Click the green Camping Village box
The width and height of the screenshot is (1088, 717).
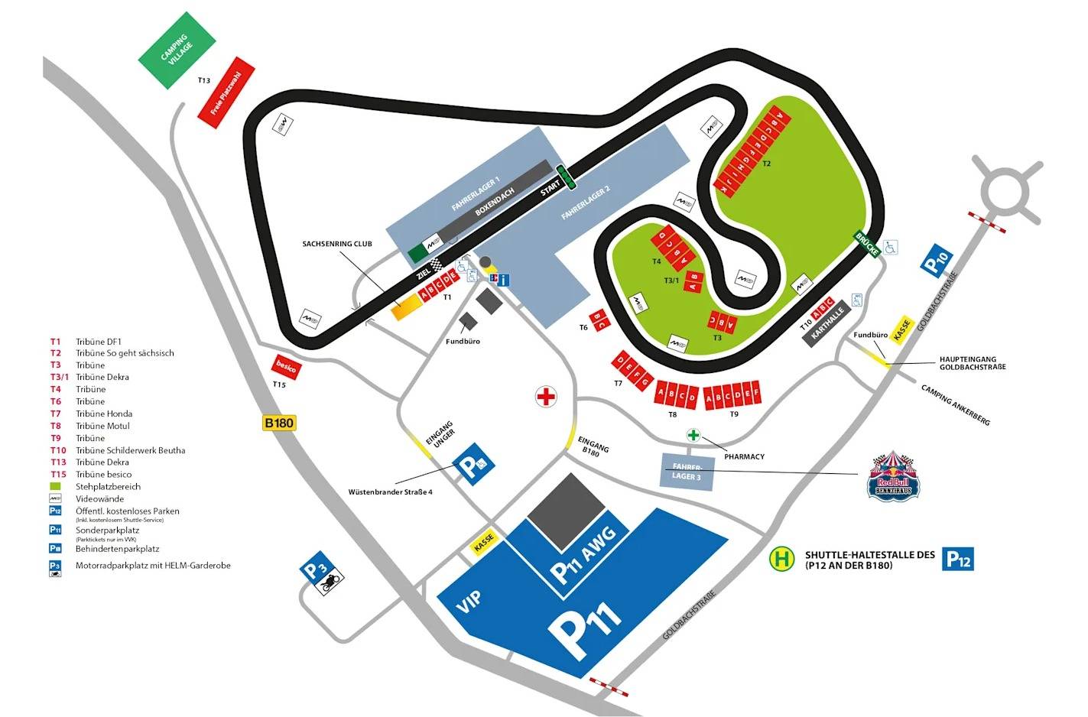pos(175,50)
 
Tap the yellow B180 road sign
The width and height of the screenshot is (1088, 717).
pos(279,423)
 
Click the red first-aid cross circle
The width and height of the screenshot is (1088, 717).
pos(546,397)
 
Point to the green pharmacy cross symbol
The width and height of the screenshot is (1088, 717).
pos(693,436)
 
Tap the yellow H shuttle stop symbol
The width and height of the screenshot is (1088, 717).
pos(781,559)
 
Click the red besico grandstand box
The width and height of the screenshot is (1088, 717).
pos(287,367)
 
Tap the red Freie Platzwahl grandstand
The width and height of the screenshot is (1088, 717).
pos(226,88)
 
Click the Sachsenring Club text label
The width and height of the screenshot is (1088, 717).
pos(336,244)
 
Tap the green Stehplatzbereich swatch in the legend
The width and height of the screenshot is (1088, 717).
pos(55,486)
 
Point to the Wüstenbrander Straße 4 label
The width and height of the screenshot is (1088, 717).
pos(390,492)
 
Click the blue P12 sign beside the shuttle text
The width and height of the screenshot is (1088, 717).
pos(958,559)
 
